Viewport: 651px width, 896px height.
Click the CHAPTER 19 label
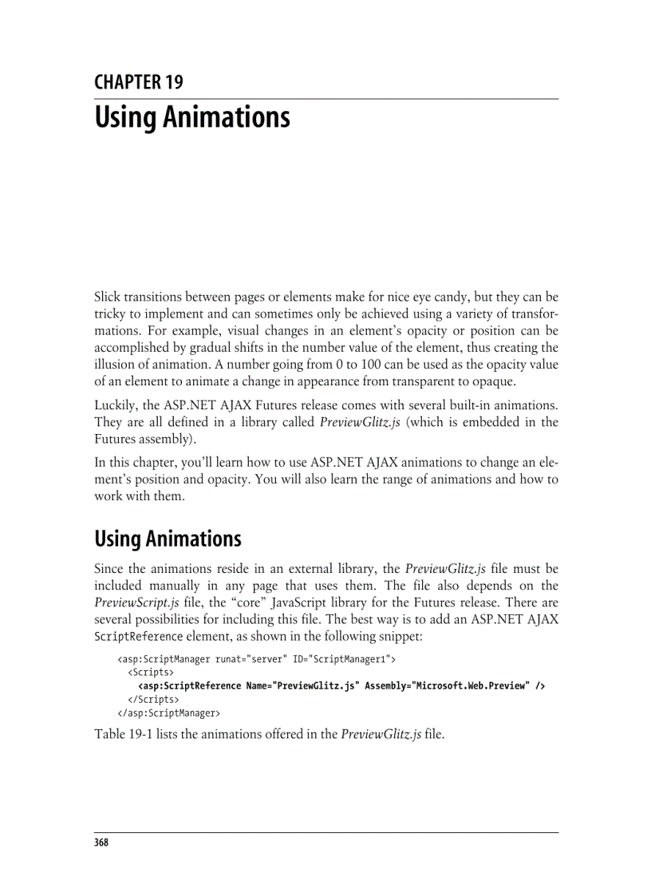tap(138, 83)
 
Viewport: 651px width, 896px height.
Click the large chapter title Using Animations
tap(191, 117)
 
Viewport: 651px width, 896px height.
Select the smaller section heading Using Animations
tap(168, 539)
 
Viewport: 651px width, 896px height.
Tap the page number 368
tap(101, 843)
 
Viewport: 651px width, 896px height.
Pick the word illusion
tap(115, 363)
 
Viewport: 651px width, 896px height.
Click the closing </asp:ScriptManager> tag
tap(168, 712)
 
